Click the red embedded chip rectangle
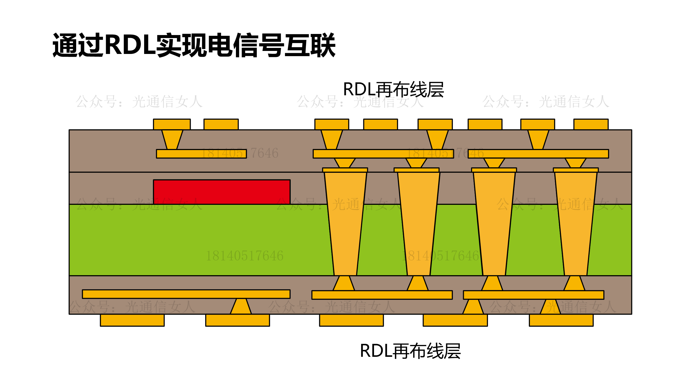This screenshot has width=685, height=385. (x=221, y=192)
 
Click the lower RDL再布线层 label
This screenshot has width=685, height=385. (x=410, y=351)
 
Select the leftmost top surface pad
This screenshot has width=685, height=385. (x=172, y=124)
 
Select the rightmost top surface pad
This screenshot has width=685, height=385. (x=591, y=124)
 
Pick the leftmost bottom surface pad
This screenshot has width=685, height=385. (x=132, y=320)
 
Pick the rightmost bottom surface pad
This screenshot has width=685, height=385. (x=561, y=320)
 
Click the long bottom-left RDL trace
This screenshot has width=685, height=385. (x=186, y=294)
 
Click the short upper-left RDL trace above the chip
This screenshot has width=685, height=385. (x=201, y=154)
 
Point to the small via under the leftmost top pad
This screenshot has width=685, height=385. (x=172, y=139)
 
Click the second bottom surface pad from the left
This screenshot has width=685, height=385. (x=237, y=320)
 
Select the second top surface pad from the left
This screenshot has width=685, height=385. (x=221, y=124)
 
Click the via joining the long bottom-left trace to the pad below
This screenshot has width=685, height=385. (x=241, y=306)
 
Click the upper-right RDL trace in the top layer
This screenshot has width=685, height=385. (x=538, y=154)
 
